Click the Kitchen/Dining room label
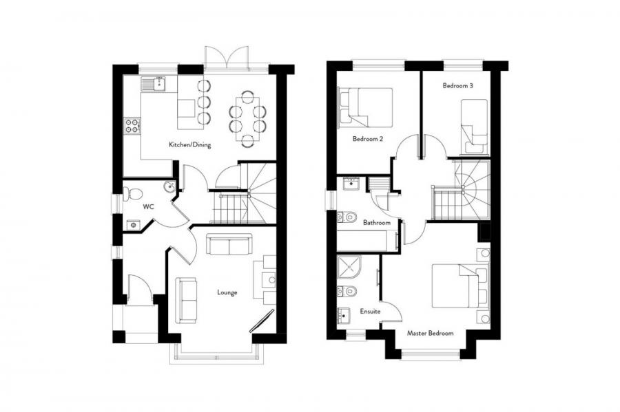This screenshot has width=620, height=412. click(189, 145)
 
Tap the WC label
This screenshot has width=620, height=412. click(148, 206)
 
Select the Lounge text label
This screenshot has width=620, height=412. click(227, 292)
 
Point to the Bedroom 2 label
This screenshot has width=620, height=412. click(367, 139)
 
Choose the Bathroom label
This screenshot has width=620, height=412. click(377, 223)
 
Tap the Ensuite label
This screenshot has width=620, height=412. click(369, 312)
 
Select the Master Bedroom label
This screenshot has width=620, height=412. click(430, 333)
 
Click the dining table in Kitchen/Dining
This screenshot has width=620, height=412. click(247, 118)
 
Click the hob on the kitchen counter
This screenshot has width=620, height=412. click(132, 126)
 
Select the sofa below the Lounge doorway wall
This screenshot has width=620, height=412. click(229, 245)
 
